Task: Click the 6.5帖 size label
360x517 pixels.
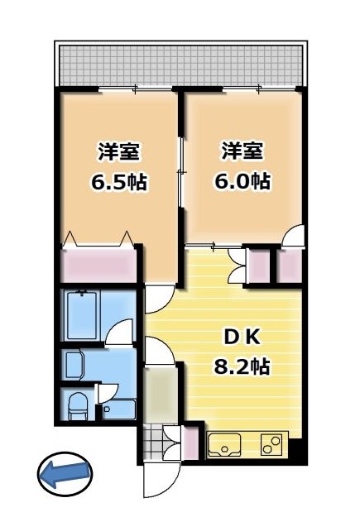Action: click(118, 182)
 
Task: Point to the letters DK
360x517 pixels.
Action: click(244, 337)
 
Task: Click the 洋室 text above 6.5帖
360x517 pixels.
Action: click(118, 153)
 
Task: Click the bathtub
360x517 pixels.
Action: click(84, 314)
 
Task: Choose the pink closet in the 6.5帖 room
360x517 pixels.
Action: click(100, 265)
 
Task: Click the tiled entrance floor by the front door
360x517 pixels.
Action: click(153, 441)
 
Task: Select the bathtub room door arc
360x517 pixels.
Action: click(120, 332)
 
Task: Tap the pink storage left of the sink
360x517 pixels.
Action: click(191, 442)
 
